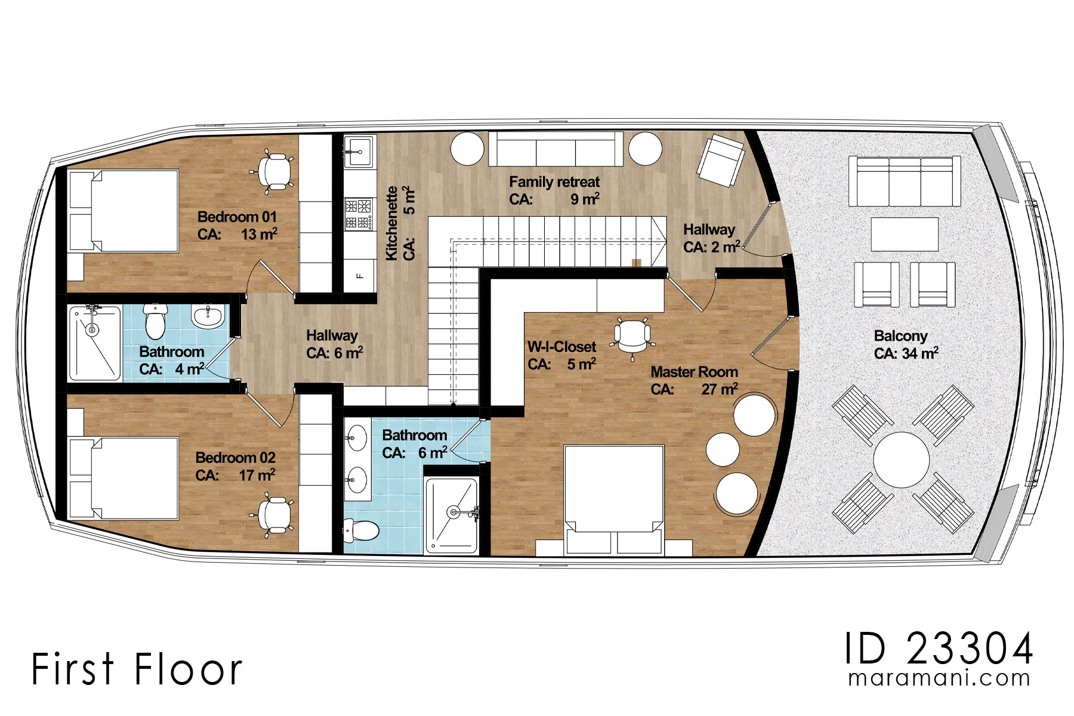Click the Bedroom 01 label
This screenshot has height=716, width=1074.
tap(237, 217)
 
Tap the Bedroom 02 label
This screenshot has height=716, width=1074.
tap(236, 458)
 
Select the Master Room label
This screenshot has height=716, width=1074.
tap(694, 372)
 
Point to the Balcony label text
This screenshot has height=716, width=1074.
tap(900, 336)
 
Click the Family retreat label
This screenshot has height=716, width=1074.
tap(554, 182)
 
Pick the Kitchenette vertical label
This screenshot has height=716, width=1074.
tap(391, 223)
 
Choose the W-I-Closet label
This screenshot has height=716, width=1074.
tap(561, 347)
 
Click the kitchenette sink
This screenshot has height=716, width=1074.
tap(360, 151)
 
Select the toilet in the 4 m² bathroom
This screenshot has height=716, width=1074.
tap(155, 320)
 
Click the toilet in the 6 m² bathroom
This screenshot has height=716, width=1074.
tap(362, 530)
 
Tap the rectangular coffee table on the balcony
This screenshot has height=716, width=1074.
tap(905, 234)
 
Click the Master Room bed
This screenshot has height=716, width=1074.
tap(614, 500)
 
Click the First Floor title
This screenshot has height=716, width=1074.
tap(137, 668)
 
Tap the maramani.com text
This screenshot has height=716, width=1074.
tap(939, 678)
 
